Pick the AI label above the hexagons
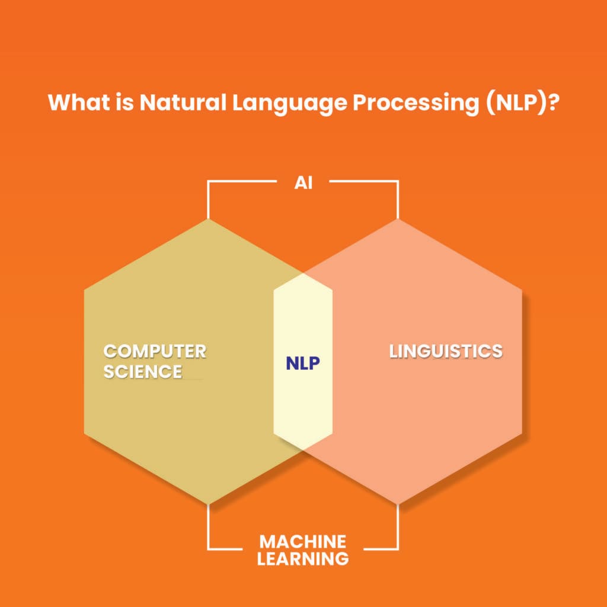303,183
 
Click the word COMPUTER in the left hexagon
155,351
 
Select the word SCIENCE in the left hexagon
143,372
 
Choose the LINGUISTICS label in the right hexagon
446,351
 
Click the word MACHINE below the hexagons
303,541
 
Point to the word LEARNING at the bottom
303,558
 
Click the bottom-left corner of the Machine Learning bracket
208,548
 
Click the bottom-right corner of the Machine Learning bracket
398,548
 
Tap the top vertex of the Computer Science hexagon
208,219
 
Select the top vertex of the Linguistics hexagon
398,219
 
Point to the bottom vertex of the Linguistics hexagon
398,504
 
